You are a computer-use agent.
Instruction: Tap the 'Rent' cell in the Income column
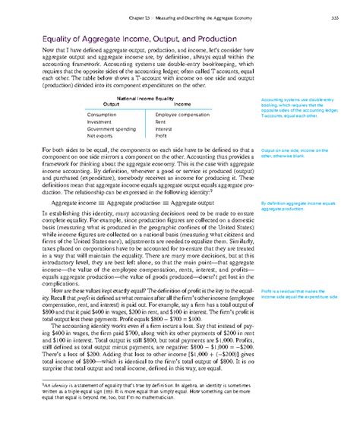[161, 121]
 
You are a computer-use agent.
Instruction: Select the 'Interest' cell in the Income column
[163, 129]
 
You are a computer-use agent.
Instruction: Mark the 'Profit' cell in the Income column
[162, 137]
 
